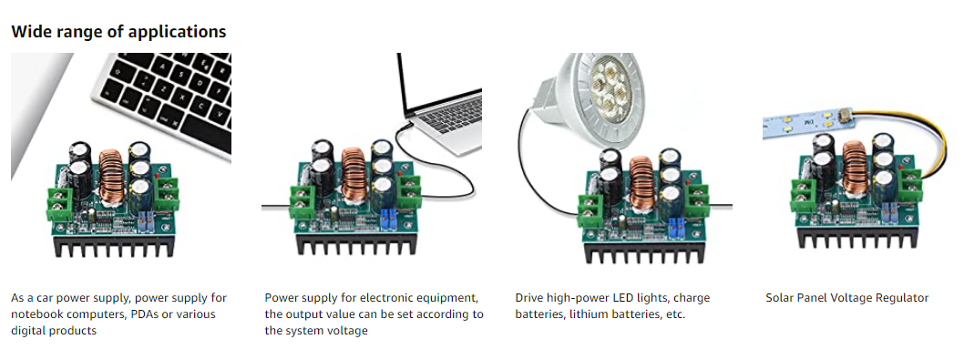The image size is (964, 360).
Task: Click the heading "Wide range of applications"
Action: (118, 31)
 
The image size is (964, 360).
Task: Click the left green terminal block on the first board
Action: (63, 200)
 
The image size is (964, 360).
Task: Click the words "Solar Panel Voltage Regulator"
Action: (846, 298)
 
